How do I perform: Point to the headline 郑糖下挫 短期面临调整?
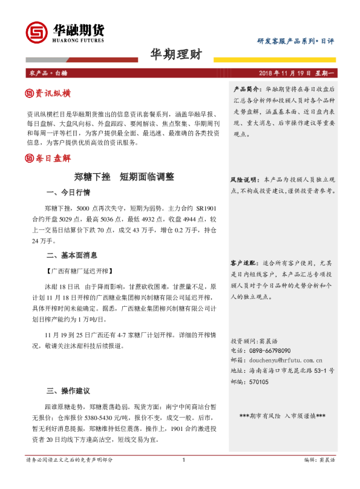[124, 177]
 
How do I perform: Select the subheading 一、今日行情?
[68, 193]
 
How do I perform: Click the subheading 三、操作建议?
[68, 390]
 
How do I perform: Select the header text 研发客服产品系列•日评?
[295, 41]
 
